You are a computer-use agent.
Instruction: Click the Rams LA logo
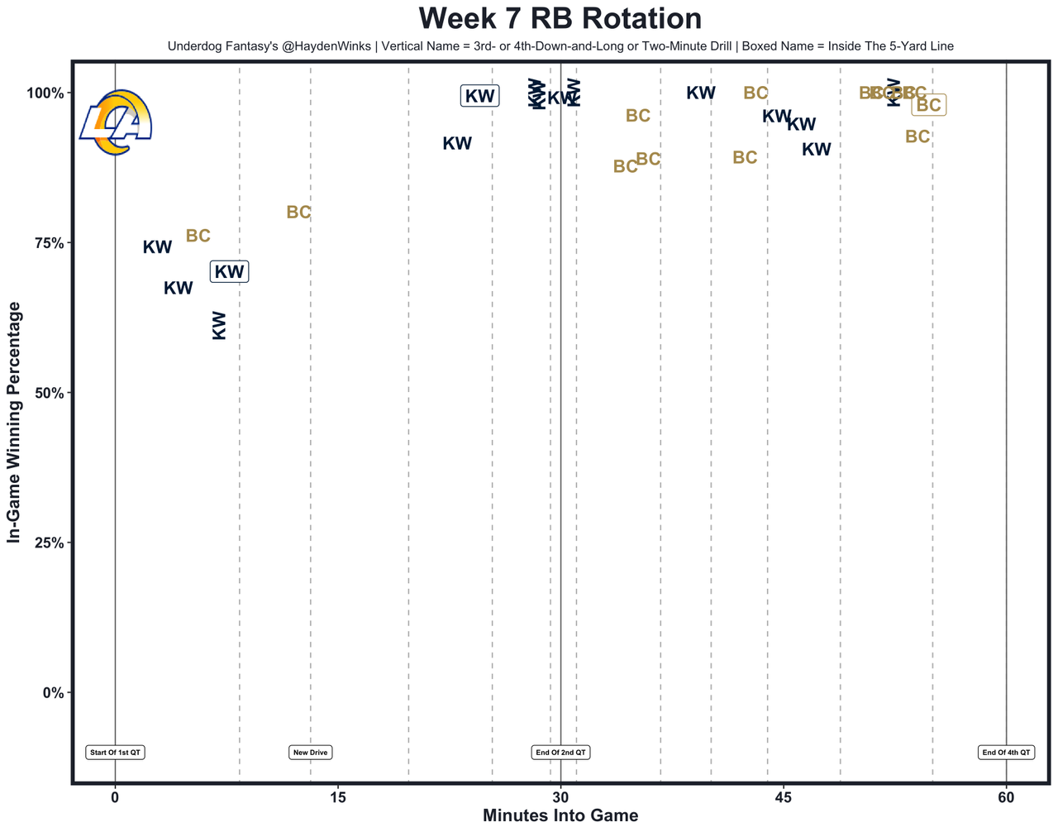point(116,122)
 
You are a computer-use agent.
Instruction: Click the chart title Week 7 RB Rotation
point(560,19)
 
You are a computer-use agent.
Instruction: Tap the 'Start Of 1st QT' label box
point(115,753)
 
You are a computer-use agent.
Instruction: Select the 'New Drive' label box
point(311,753)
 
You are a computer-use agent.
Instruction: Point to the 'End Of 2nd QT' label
point(560,753)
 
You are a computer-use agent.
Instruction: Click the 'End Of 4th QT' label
point(1006,753)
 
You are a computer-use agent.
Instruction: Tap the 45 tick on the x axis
point(784,798)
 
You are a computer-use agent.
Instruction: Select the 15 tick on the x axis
point(337,798)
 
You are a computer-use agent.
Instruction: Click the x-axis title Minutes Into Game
point(560,816)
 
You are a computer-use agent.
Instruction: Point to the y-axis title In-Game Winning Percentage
point(14,422)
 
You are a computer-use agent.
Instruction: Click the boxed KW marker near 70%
point(230,271)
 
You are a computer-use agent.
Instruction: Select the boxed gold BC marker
point(929,105)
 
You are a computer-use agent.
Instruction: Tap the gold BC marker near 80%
point(298,213)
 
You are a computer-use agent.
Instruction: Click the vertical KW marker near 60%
point(219,325)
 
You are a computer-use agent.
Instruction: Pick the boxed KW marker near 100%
point(479,96)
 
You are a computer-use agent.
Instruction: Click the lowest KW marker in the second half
point(817,150)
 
